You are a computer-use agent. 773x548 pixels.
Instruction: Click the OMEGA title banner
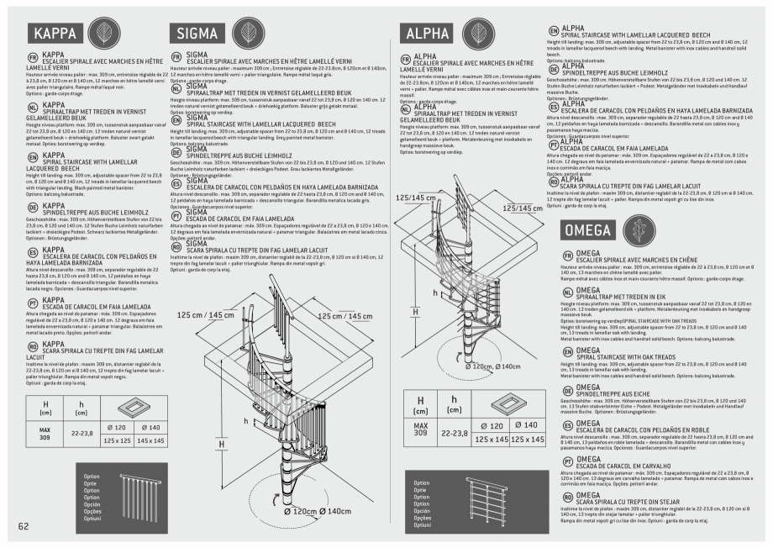pyautogui.click(x=588, y=229)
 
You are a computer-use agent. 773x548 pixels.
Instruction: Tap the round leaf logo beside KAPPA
pyautogui.click(x=102, y=33)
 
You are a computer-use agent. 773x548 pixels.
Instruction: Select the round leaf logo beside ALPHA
pyautogui.click(x=480, y=33)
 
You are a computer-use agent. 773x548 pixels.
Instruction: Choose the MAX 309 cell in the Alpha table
pyautogui.click(x=421, y=432)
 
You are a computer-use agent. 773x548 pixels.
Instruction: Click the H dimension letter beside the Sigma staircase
pyautogui.click(x=222, y=444)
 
